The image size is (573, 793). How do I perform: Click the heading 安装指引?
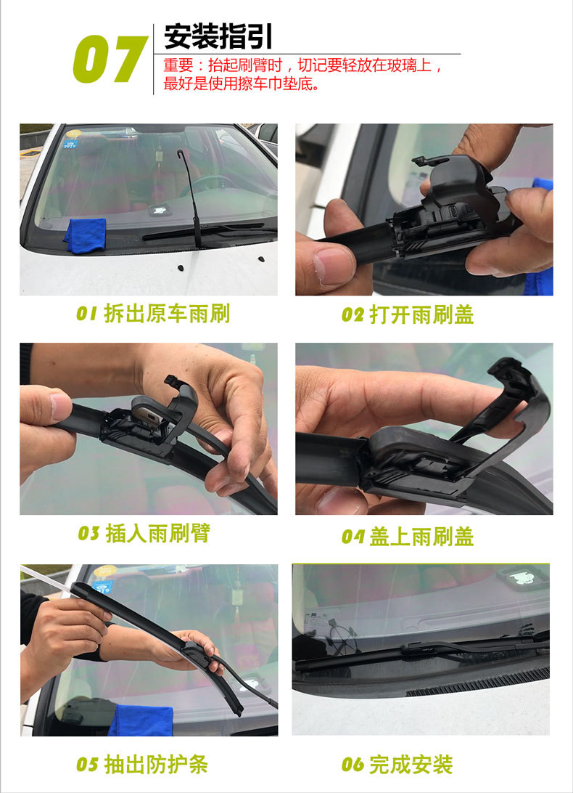(x=218, y=36)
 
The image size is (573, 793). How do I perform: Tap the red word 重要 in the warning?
(x=178, y=65)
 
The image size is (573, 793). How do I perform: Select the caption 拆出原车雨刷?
(x=168, y=314)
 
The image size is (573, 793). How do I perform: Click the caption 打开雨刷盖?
(x=422, y=314)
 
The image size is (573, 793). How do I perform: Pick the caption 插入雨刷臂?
(x=157, y=533)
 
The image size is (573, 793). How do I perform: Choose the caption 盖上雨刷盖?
(x=422, y=537)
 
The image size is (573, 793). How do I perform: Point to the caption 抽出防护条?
(x=156, y=764)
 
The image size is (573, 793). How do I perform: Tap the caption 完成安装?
(x=411, y=764)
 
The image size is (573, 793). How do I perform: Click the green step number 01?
(x=86, y=314)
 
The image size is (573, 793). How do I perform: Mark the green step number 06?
(x=353, y=765)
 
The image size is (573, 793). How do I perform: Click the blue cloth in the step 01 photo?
(x=86, y=235)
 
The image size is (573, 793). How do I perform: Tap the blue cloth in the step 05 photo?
(x=141, y=719)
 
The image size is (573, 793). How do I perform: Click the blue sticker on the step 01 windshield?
(x=70, y=144)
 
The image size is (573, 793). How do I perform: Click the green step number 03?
(x=88, y=534)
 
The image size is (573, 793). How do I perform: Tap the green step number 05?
(x=87, y=765)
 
